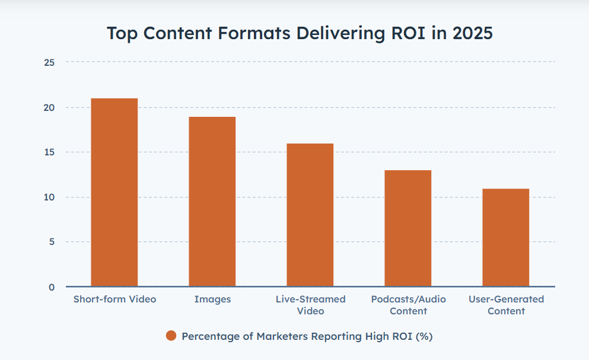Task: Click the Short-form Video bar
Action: click(114, 192)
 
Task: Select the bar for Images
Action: click(212, 202)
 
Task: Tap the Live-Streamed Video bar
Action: click(310, 215)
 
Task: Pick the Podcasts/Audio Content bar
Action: click(407, 228)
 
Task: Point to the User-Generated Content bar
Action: click(505, 237)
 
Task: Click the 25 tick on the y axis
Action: click(49, 62)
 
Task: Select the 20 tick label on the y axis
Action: click(49, 107)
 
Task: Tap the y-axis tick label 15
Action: click(49, 152)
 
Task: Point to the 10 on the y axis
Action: click(49, 197)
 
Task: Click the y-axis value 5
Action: click(52, 242)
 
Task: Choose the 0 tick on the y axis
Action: click(52, 287)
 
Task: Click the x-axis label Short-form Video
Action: click(114, 299)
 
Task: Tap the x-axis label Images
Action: click(212, 299)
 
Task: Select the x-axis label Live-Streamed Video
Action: click(310, 305)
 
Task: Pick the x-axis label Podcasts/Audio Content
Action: click(408, 305)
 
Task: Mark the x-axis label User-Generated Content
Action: click(506, 305)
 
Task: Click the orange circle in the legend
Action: click(171, 336)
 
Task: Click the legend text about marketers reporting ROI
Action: click(307, 336)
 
